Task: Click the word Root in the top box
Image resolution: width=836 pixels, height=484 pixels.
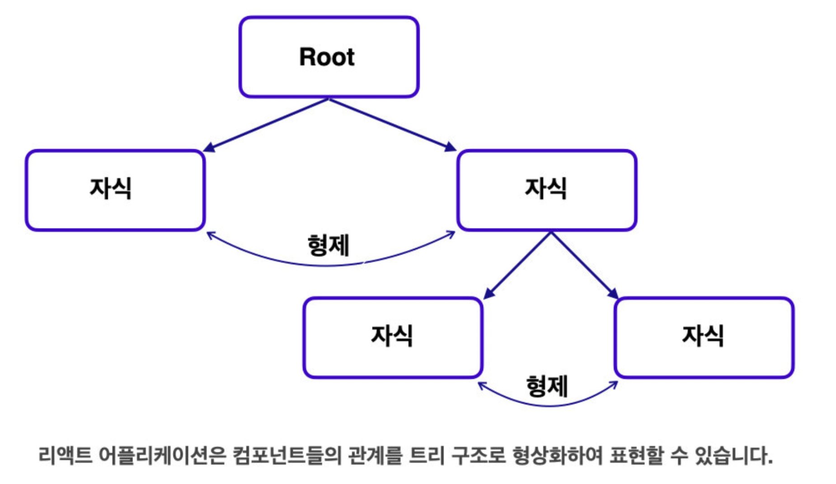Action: click(327, 57)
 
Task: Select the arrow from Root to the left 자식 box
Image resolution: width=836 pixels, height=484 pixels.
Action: click(266, 125)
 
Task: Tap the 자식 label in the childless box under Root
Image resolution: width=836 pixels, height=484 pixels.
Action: click(111, 189)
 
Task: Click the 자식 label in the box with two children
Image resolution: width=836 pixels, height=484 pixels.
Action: click(545, 189)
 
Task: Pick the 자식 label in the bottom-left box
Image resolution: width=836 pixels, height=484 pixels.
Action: click(392, 336)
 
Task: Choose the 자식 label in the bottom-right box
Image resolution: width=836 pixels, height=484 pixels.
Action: click(703, 336)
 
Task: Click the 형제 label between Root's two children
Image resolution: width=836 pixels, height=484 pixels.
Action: click(329, 246)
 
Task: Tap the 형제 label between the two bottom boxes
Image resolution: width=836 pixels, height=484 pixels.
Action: click(547, 386)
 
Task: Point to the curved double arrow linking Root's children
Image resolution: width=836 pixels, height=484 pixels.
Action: click(271, 259)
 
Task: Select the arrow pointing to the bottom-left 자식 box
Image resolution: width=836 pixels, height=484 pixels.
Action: click(517, 266)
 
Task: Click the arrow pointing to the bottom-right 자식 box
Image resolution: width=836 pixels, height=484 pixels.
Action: click(584, 266)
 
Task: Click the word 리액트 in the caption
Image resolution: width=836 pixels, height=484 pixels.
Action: click(65, 455)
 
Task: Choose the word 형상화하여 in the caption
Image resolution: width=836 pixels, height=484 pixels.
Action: click(558, 455)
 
